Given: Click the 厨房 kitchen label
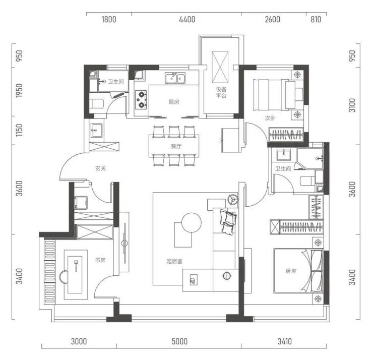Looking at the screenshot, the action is [174, 102].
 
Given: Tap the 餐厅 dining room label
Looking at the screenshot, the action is [176, 146].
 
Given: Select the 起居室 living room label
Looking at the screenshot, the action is [174, 261].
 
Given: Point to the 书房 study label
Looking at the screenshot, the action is [100, 260].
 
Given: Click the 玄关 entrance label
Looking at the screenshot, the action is [100, 168].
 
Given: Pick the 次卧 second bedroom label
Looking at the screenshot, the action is [270, 118].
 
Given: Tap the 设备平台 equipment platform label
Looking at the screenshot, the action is [221, 93].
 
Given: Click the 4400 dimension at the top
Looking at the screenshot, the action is [187, 19].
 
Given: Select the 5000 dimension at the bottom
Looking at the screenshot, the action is [179, 341].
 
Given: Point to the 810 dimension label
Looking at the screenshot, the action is [316, 19].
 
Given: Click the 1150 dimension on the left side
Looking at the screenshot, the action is [19, 130].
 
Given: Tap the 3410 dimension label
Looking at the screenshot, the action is [285, 341].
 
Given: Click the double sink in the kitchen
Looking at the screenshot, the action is [175, 78].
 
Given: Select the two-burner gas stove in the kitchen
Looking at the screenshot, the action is [141, 100].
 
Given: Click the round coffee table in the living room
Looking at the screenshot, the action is [192, 223].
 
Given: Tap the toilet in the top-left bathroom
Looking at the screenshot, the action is [96, 104].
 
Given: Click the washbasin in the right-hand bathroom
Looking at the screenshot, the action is [284, 155].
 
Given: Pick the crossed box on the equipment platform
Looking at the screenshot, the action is [220, 68].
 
